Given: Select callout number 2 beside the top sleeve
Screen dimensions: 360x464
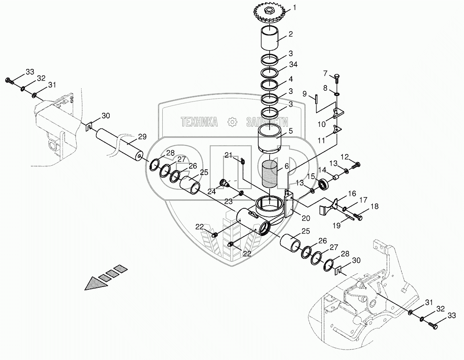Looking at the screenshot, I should click(290, 34).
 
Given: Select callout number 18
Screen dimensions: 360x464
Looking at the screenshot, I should click(374, 207).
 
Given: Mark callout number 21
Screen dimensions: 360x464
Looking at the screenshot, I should click(229, 155).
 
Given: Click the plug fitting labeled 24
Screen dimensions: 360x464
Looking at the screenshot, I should click(223, 184).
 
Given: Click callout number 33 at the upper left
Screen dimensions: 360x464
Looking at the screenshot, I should click(30, 71).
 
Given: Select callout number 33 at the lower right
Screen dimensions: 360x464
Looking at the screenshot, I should click(451, 316).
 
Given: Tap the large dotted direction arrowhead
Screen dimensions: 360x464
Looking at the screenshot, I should click(96, 283).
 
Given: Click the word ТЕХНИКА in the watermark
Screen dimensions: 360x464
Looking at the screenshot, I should click(199, 122).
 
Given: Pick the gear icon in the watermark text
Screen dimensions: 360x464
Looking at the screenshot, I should click(232, 122).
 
